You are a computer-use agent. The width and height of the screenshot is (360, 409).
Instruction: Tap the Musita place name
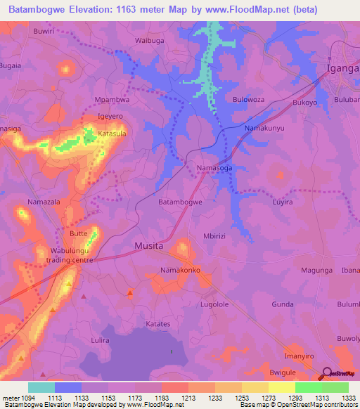148,246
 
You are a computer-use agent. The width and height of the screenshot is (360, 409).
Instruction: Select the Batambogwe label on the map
181,202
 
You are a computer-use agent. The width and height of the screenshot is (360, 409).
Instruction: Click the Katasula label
112,133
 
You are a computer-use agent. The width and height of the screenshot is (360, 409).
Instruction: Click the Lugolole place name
215,304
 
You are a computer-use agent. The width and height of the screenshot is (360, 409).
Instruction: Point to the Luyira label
282,202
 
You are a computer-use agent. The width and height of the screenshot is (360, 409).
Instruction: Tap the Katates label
158,324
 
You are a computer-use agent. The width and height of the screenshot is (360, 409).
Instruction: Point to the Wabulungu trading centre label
72,255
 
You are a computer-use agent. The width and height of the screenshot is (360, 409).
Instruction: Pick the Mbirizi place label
215,236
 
